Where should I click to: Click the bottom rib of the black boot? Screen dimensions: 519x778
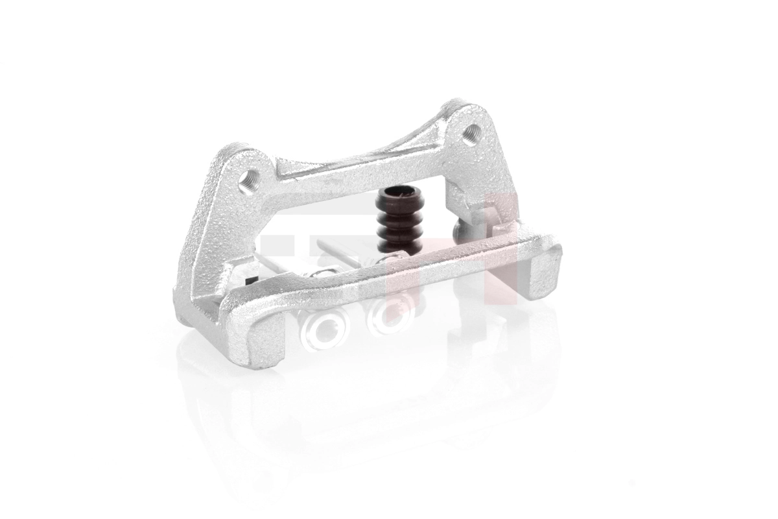coord(397,242)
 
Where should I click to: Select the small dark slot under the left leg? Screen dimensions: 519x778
coord(250,281)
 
